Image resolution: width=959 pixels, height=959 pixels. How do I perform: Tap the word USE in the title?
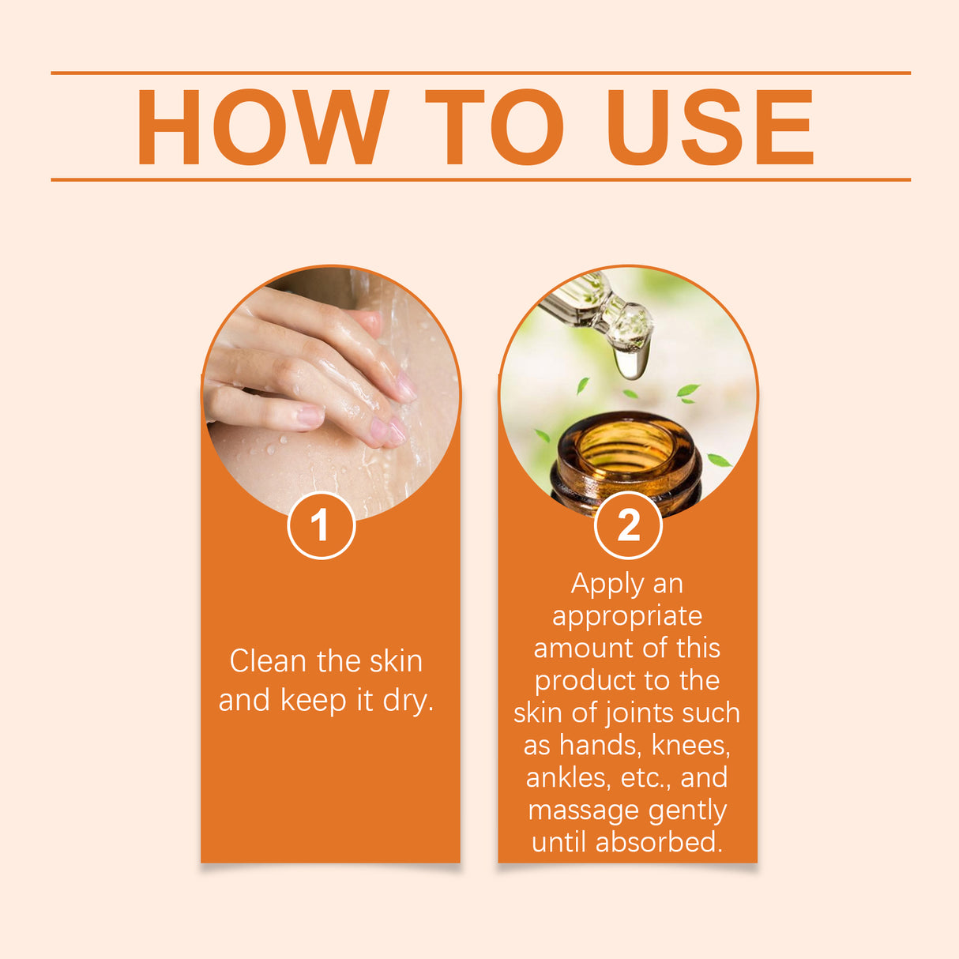pos(709,127)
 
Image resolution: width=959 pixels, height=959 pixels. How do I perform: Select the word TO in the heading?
pos(495,127)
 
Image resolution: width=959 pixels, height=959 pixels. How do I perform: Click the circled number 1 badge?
pos(321,525)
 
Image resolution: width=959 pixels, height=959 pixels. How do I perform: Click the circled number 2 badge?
pos(628,525)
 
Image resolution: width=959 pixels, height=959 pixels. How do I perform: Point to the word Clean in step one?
pos(269,661)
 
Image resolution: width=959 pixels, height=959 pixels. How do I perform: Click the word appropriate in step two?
pos(627,617)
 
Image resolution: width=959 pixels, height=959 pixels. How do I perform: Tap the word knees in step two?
pos(690,745)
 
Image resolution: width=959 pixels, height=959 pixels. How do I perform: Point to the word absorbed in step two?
pos(659,842)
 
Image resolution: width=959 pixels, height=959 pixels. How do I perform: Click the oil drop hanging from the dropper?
pos(631,361)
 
